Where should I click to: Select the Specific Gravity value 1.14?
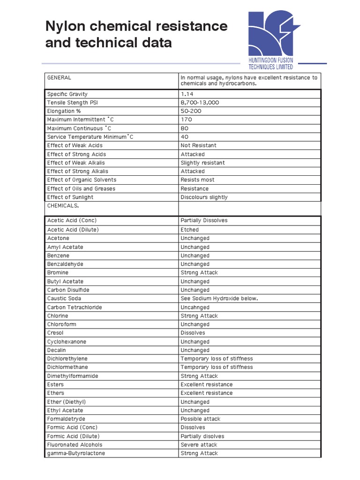187,94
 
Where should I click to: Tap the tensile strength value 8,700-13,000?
200,103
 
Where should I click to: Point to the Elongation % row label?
64,111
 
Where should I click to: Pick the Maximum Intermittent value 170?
186,120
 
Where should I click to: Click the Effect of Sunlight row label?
70,197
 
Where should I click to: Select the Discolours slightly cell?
204,197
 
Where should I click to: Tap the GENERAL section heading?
59,77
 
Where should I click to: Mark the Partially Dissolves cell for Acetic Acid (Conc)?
204,220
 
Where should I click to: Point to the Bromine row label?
58,272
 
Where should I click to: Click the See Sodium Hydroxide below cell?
219,298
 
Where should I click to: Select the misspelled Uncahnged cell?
195,307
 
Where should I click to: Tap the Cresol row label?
55,333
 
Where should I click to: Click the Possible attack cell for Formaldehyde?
200,419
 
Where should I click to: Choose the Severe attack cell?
199,444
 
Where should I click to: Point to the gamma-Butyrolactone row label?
76,453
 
